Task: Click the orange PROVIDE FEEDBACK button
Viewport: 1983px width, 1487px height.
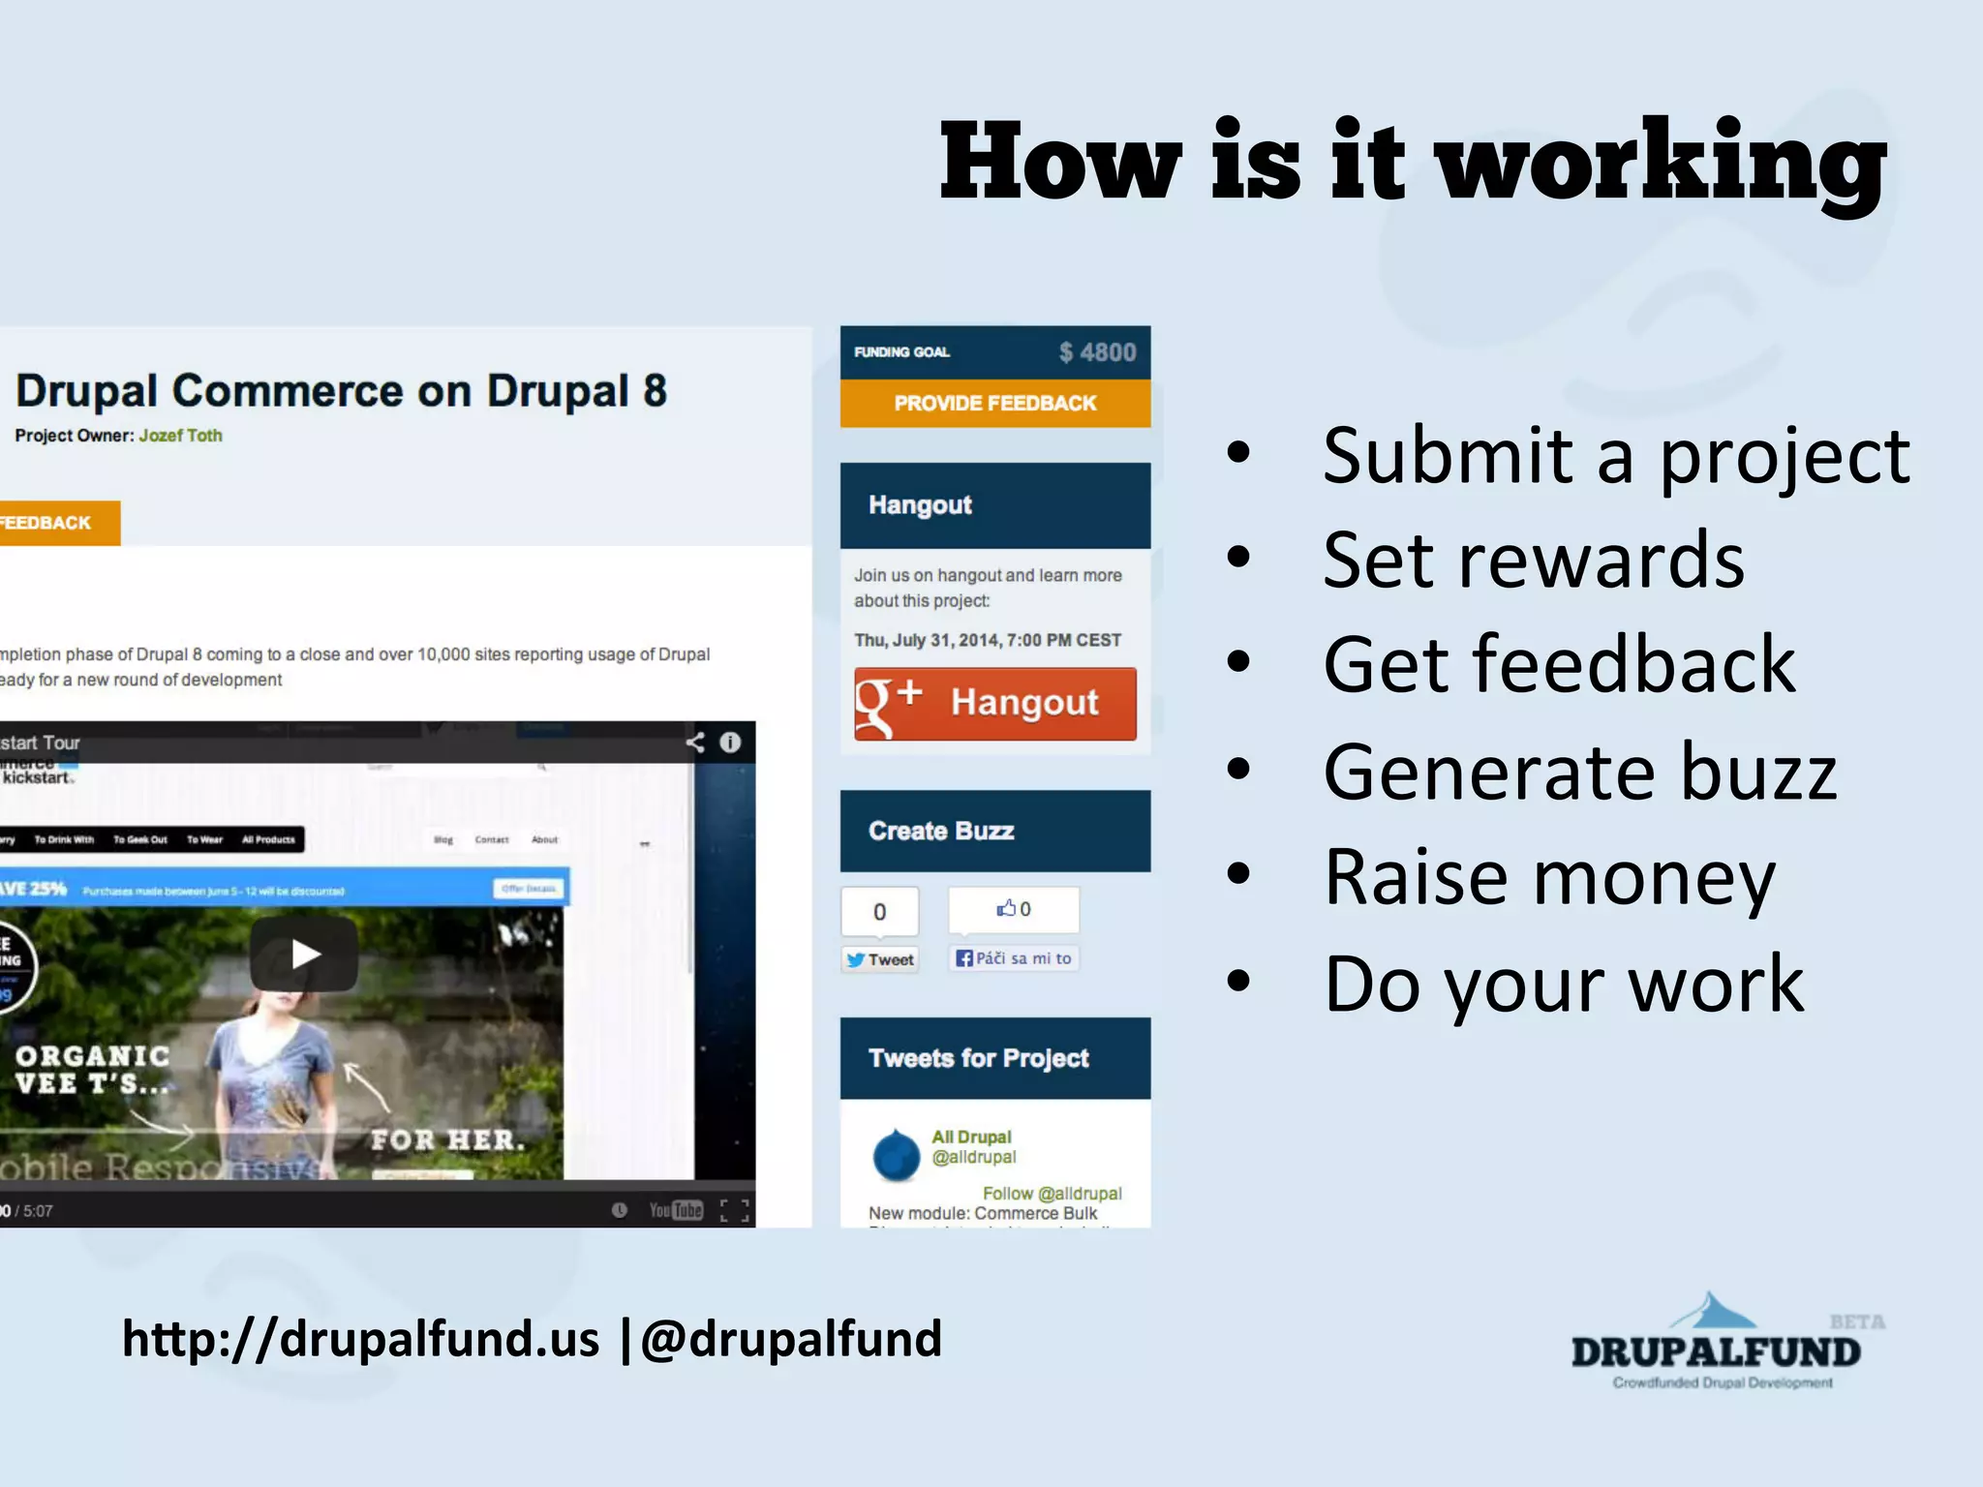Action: (994, 403)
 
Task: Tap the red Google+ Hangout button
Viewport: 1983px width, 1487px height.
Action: (994, 704)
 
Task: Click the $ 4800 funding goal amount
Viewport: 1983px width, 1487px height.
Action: (1097, 352)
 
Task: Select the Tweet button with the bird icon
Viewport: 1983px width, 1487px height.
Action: (879, 959)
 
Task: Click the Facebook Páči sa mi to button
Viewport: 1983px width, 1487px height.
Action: (1013, 958)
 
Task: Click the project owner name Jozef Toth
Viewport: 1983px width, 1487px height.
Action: (180, 436)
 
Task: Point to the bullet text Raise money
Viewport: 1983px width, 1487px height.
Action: (1549, 877)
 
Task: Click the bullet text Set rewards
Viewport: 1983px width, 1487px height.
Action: (1534, 561)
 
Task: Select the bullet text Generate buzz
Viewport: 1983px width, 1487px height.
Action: (1579, 772)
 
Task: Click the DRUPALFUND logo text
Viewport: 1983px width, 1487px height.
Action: (1715, 1352)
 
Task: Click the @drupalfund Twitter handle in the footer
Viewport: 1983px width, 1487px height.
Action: (790, 1339)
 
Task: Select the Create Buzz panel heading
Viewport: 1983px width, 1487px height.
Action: (940, 831)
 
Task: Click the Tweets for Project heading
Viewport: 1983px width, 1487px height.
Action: (978, 1058)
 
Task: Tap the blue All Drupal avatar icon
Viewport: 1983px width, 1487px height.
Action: (896, 1154)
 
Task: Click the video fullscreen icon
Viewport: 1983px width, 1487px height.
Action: (735, 1210)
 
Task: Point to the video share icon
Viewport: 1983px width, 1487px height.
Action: (695, 743)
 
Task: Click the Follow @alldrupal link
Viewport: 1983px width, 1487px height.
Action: (1052, 1194)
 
